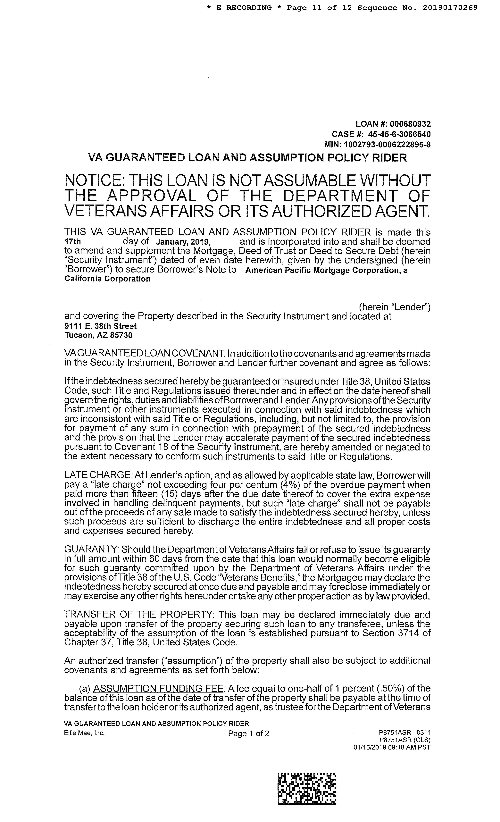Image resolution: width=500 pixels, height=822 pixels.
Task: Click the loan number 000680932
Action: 410,124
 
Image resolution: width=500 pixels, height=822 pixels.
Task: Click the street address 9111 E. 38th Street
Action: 100,326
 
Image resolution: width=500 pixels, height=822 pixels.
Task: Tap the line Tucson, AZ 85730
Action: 98,335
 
